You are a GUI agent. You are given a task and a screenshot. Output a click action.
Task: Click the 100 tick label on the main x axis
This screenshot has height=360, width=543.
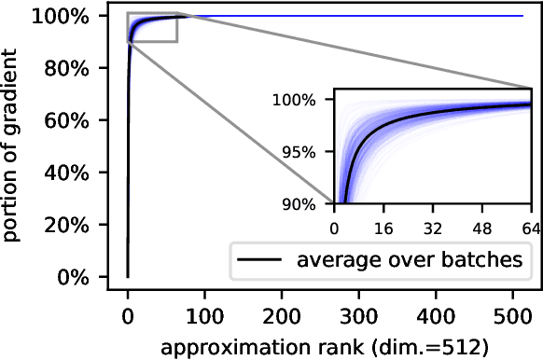tap(204, 316)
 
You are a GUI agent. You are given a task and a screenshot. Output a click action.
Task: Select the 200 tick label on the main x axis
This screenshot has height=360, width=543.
tap(281, 316)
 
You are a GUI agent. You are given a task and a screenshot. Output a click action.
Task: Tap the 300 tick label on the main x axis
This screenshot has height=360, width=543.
tap(357, 316)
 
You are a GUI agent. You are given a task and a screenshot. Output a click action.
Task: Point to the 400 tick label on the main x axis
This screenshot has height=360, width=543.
tap(434, 316)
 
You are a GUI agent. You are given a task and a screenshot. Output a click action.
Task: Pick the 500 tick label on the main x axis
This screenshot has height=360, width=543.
tap(510, 316)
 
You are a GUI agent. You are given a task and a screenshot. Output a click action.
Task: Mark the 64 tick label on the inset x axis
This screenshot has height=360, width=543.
tap(526, 227)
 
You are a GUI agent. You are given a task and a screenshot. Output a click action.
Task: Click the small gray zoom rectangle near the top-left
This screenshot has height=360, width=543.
tap(152, 28)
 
